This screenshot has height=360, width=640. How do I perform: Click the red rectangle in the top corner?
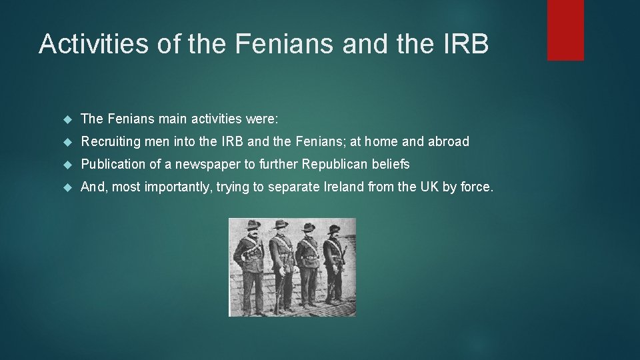pyautogui.click(x=565, y=30)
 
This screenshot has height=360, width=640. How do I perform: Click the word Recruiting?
pyautogui.click(x=110, y=142)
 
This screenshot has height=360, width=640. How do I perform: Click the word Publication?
pyautogui.click(x=113, y=165)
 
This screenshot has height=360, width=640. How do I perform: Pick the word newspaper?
pyautogui.click(x=206, y=165)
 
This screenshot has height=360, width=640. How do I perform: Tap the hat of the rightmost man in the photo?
pyautogui.click(x=333, y=229)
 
